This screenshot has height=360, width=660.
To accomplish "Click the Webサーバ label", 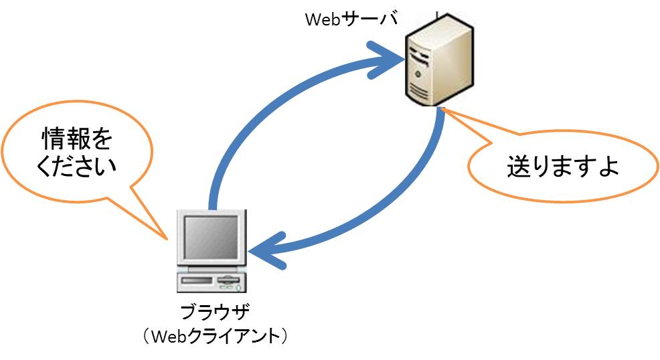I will tap(351, 19).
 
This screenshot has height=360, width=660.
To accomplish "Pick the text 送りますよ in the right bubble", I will tap(562, 165).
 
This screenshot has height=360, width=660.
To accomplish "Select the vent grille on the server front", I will tap(419, 86).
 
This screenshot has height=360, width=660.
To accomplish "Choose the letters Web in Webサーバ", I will tap(322, 19).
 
